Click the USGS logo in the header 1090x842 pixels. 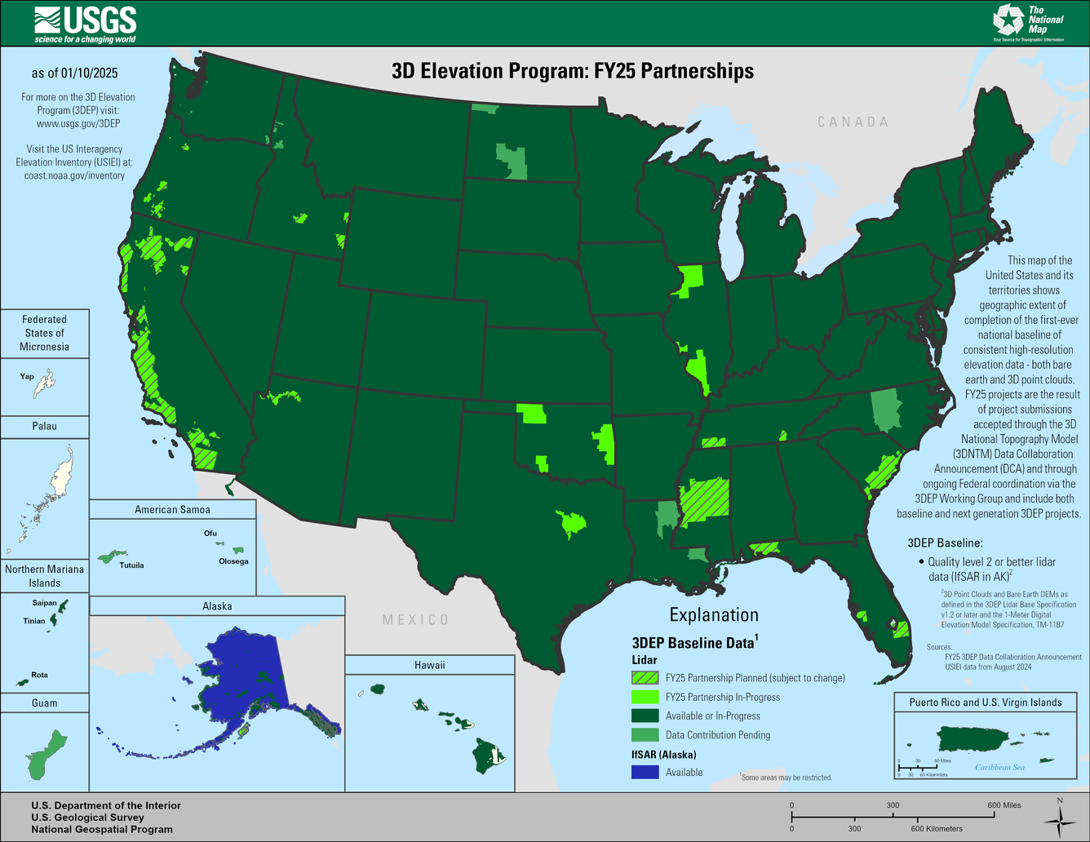(x=86, y=23)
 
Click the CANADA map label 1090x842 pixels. (x=853, y=122)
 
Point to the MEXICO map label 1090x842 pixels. (x=415, y=620)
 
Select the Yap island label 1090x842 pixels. (x=27, y=377)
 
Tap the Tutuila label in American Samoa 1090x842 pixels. (x=131, y=565)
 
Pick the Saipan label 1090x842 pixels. (x=44, y=604)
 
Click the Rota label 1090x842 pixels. (x=39, y=675)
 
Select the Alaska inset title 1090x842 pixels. (x=217, y=606)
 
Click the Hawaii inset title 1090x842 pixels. (x=429, y=665)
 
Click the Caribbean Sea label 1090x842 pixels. (x=999, y=767)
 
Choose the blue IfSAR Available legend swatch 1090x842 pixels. (x=645, y=772)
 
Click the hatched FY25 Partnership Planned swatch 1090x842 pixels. (x=645, y=677)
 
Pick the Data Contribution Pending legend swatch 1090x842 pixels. (x=645, y=734)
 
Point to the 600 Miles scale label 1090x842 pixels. (x=1004, y=805)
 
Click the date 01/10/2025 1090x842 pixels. (x=89, y=73)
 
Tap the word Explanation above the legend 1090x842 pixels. (x=714, y=615)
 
